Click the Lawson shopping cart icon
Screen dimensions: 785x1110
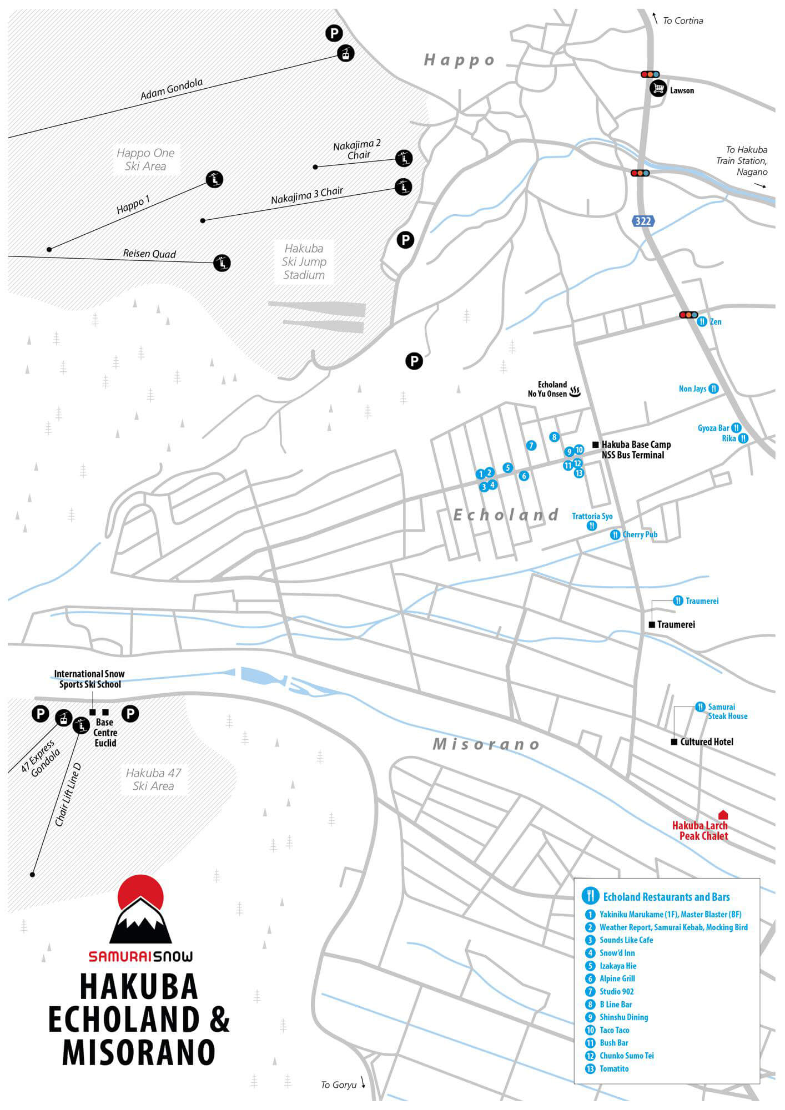[x=658, y=88]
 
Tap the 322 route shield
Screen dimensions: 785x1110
[x=643, y=221]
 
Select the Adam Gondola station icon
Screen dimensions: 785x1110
[x=346, y=53]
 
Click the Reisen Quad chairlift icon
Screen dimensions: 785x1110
[x=222, y=263]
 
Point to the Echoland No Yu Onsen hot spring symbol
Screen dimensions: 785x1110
[x=575, y=392]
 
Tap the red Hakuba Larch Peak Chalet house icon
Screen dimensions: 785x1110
[x=722, y=815]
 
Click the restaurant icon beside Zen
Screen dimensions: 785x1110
[x=702, y=321]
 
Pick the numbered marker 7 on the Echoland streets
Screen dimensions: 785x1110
[x=531, y=446]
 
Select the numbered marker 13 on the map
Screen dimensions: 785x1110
[x=579, y=473]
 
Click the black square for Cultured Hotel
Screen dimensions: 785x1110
[x=674, y=742]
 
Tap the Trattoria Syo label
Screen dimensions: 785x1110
[x=592, y=516]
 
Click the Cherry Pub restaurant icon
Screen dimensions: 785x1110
[x=615, y=535]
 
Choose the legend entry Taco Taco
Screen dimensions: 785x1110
[x=615, y=1030]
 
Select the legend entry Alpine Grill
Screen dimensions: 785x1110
[x=617, y=978]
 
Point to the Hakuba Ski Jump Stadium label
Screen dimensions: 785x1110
[x=304, y=261]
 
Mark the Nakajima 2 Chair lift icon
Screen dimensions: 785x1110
[x=404, y=158]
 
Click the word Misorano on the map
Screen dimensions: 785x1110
[x=486, y=744]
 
